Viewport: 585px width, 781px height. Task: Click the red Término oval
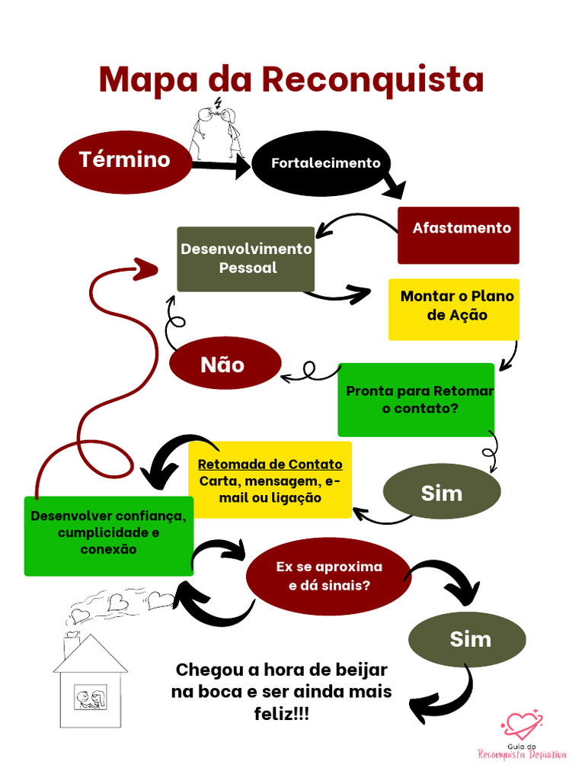126,161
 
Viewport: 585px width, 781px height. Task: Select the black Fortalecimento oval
325,163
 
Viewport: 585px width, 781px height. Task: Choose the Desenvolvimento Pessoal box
246,259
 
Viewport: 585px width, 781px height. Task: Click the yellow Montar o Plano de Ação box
454,308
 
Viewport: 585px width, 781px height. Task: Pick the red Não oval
224,365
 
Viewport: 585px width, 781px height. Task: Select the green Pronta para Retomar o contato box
416,400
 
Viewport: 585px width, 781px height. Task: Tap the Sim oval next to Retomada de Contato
442,493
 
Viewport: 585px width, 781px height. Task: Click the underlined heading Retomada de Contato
270,464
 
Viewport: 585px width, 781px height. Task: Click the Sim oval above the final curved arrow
468,639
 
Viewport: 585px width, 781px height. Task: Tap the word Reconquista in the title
373,79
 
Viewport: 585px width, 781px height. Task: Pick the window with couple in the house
90,698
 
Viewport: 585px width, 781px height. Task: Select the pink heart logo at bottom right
521,723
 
